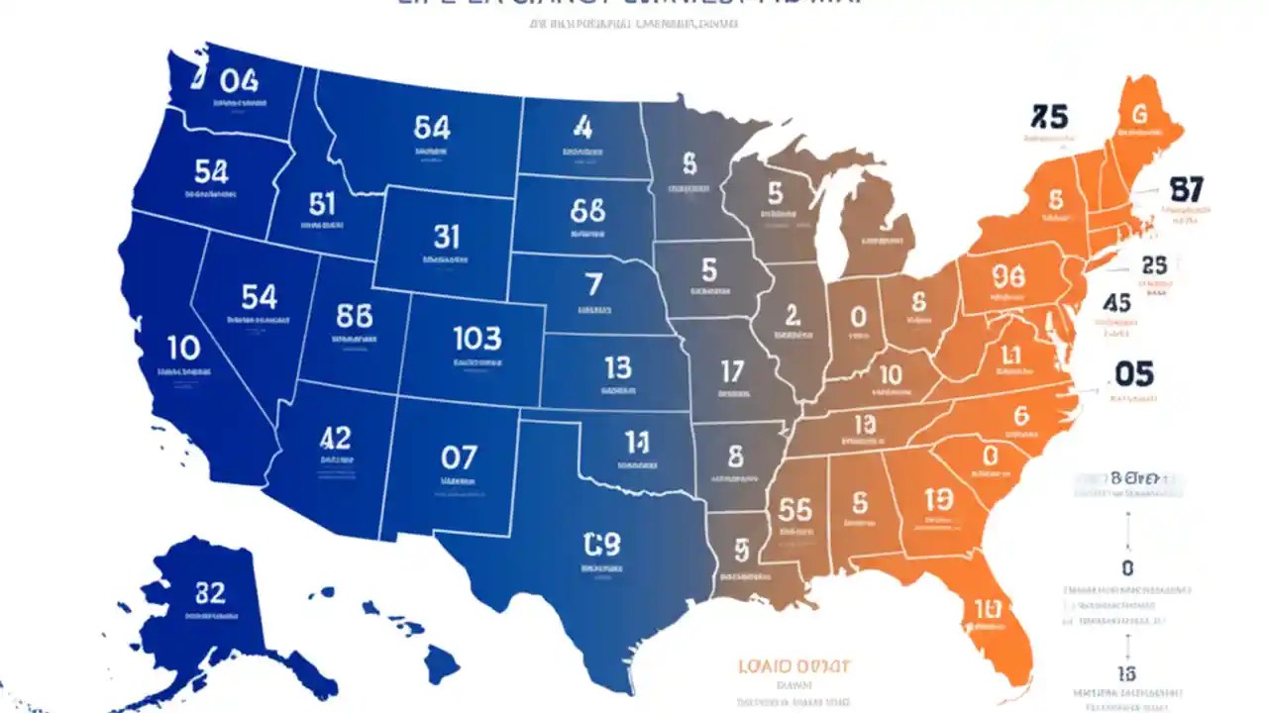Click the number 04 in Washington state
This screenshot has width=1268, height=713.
point(238,80)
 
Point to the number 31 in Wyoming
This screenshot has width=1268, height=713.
point(446,236)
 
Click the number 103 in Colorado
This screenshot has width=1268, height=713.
point(476,339)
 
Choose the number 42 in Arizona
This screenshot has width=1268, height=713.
point(336,438)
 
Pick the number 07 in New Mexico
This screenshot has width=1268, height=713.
point(459,458)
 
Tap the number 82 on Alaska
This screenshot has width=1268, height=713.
point(209,593)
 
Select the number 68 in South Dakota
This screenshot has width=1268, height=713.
point(587,210)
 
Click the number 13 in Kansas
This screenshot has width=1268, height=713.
point(616,368)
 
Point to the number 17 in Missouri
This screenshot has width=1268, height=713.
point(731,371)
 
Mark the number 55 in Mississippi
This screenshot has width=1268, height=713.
point(794,509)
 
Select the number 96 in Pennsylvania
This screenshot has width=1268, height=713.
point(1006,276)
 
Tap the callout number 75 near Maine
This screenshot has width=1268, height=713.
point(1049,118)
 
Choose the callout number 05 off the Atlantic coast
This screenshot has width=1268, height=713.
point(1134,373)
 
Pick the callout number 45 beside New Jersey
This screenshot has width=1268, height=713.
point(1116,303)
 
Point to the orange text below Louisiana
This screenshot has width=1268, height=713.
point(794,666)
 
